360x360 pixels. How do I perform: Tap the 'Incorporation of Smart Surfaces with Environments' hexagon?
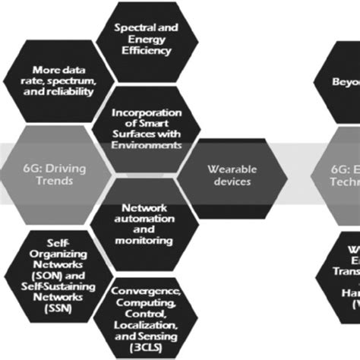(146, 127)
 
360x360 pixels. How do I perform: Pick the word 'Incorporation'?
(146, 114)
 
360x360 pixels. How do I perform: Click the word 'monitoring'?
(144, 240)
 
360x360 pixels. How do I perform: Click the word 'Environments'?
(146, 145)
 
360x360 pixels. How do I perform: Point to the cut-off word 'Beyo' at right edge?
(346, 81)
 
